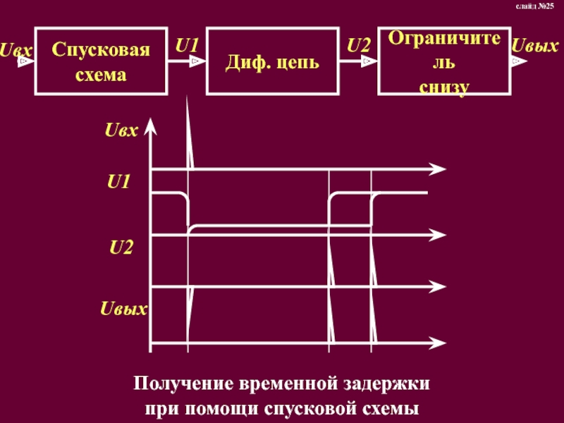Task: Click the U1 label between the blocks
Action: tap(187, 46)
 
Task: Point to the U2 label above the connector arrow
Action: tap(359, 46)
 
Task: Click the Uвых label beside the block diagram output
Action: tap(535, 46)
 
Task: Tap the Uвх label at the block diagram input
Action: tap(16, 50)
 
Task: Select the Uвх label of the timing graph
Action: tap(121, 130)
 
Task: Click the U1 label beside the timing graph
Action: tap(118, 181)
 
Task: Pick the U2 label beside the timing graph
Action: tap(121, 247)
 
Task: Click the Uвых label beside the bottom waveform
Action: tap(124, 309)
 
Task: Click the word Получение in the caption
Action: tap(183, 384)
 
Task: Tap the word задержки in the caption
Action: tap(386, 384)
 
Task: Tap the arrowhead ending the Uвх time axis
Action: tap(437, 168)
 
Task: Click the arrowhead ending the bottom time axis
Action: tap(437, 343)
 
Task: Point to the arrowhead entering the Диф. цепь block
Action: tap(197, 61)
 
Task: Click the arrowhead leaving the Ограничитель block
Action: tap(519, 61)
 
